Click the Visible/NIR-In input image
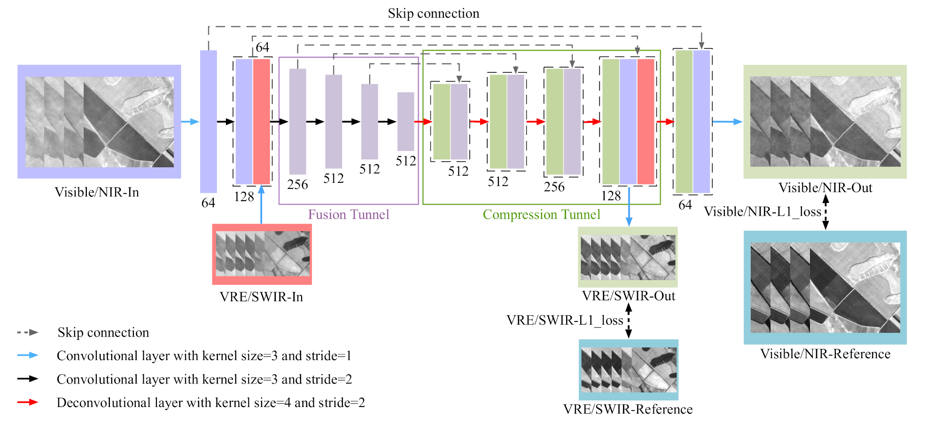click(x=99, y=122)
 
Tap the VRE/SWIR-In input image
click(x=262, y=254)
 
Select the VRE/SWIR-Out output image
click(x=628, y=257)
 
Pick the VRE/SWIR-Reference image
click(x=629, y=370)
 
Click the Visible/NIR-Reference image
click(x=825, y=288)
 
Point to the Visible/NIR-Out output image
click(x=825, y=122)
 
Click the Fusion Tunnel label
click(x=349, y=215)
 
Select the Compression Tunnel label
click(x=541, y=215)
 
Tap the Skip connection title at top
click(x=433, y=14)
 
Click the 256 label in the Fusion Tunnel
click(x=297, y=185)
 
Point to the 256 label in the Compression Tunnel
click(x=554, y=187)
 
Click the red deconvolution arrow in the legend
click(x=28, y=402)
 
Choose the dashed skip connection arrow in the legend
click(x=28, y=332)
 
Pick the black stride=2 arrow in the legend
click(x=28, y=379)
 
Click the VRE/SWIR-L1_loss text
click(x=565, y=321)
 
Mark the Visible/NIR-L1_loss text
click(x=762, y=212)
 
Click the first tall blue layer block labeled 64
click(x=208, y=122)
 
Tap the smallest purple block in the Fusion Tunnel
click(x=405, y=121)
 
